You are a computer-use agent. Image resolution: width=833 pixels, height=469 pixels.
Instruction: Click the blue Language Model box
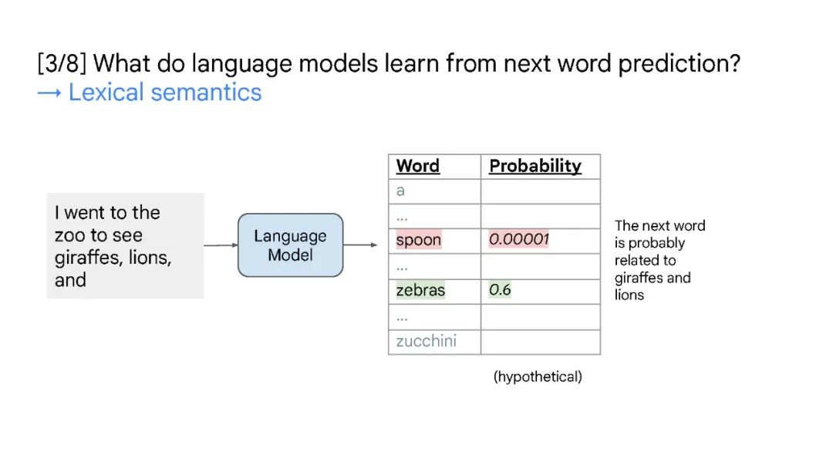tap(290, 245)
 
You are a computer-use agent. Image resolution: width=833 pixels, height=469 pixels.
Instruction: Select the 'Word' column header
tap(417, 166)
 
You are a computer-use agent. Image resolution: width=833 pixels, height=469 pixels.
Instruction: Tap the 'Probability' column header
tap(535, 167)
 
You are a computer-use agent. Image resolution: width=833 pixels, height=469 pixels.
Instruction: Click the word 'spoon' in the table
tap(419, 240)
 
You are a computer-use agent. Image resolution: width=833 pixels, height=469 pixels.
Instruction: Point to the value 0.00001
tap(518, 239)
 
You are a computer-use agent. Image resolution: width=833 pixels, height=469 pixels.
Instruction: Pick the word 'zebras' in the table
tap(420, 290)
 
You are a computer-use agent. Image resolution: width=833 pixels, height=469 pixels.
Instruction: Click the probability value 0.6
tap(499, 289)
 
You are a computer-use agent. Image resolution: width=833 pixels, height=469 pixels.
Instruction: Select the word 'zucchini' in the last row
tap(426, 340)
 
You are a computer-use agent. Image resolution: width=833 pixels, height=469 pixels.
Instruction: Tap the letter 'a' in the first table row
tap(400, 191)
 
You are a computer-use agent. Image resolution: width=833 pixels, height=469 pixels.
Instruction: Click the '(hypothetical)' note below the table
tap(538, 376)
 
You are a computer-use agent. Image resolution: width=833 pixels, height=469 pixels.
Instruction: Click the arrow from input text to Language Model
tap(221, 245)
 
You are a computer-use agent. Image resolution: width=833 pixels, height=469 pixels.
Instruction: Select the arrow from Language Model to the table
tap(360, 245)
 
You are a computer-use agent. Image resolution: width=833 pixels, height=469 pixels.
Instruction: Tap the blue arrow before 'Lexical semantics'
tap(49, 93)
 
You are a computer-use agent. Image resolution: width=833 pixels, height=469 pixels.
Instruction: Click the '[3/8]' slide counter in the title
tap(62, 63)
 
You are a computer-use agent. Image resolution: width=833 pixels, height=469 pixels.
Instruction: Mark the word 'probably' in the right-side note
tap(656, 244)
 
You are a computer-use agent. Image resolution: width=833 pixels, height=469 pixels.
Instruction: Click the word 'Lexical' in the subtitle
tap(106, 93)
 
